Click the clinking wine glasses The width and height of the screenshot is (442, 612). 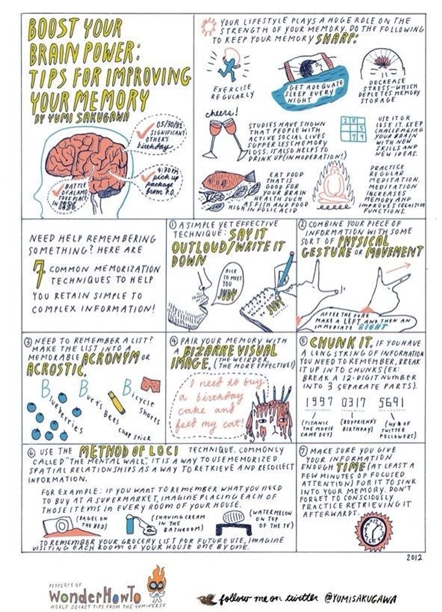click(x=220, y=135)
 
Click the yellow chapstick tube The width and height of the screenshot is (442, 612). click(x=116, y=402)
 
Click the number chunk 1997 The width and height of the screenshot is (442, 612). click(x=319, y=402)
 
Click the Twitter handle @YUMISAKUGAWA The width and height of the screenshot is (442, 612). click(x=361, y=599)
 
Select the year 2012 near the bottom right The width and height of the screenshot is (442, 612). click(x=414, y=557)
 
